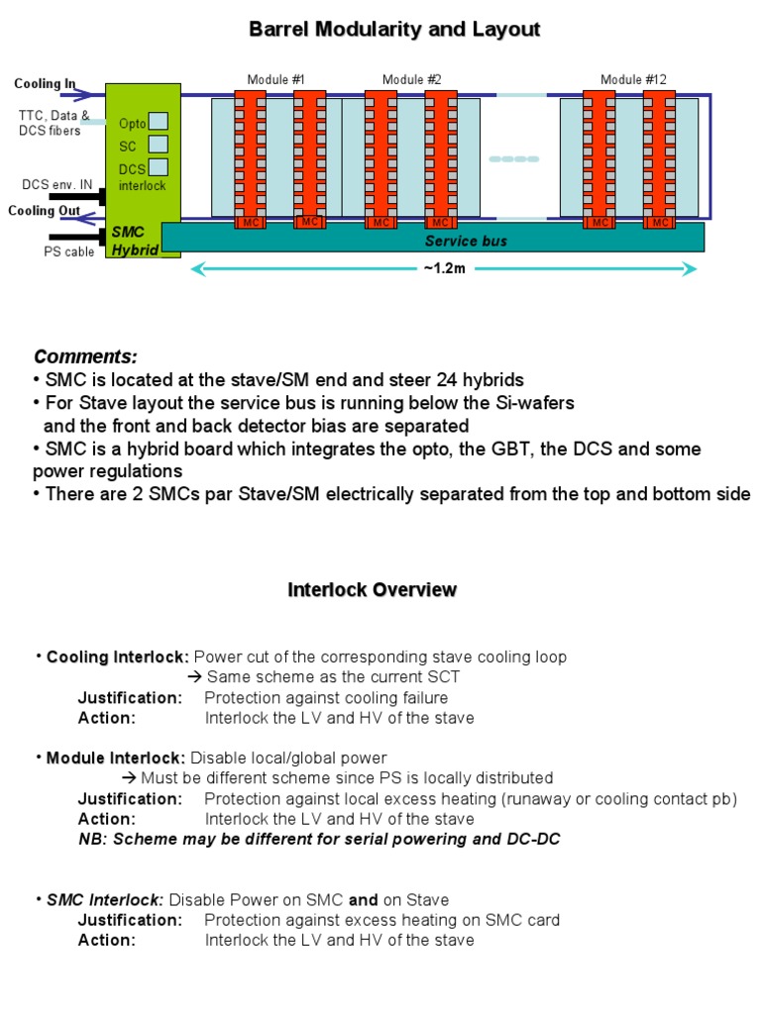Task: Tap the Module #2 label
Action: tap(411, 80)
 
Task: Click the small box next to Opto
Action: tap(158, 122)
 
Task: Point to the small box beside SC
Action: tap(158, 145)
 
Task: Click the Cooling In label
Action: tap(45, 84)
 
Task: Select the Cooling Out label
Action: tap(44, 210)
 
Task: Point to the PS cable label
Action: tap(68, 252)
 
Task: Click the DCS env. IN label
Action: tap(56, 185)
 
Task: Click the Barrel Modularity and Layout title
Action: tap(393, 30)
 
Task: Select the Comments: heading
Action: tap(85, 356)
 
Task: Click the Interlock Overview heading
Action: tap(372, 590)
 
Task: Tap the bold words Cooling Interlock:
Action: tap(118, 657)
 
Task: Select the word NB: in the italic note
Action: tap(93, 840)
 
